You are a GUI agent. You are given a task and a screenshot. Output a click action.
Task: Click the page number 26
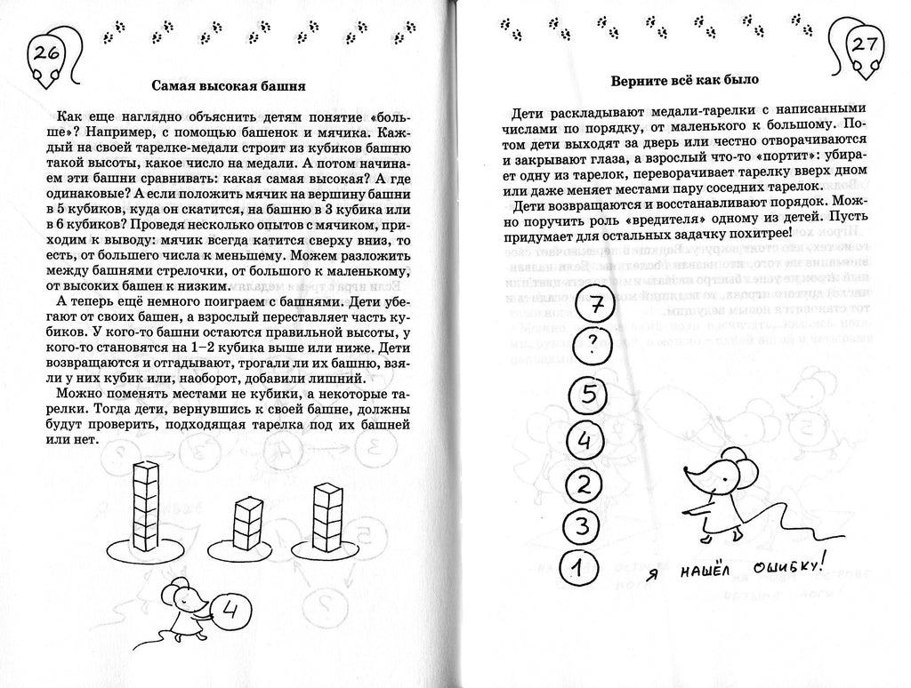point(45,53)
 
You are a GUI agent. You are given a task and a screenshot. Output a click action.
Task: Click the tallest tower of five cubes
point(144,506)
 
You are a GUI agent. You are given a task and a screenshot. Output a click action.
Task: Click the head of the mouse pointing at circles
point(720,468)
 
